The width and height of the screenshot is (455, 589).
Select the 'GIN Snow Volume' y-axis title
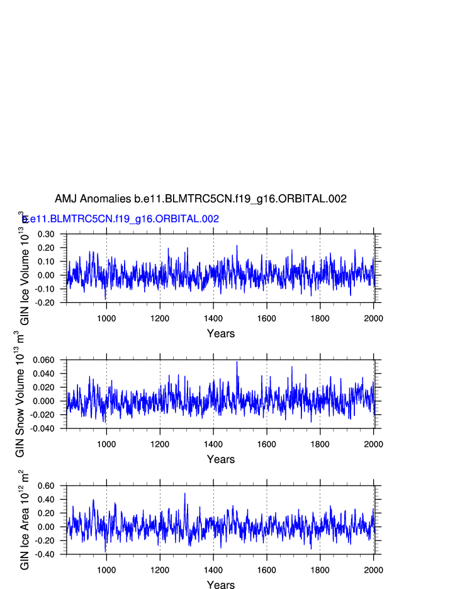pos(20,394)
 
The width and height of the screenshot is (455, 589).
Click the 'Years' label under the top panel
pos(221,333)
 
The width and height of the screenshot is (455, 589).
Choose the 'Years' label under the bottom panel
pos(221,585)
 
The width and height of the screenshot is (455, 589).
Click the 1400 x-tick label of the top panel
pos(213,318)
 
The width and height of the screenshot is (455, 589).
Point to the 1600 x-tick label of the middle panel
pos(267,444)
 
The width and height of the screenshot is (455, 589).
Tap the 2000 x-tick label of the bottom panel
pos(373,570)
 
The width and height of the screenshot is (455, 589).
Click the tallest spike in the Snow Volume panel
pos(237,362)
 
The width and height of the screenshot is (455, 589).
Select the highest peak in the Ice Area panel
pos(185,493)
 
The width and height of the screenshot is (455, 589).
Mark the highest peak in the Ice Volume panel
pos(237,246)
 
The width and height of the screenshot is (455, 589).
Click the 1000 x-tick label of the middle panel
pos(106,444)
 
